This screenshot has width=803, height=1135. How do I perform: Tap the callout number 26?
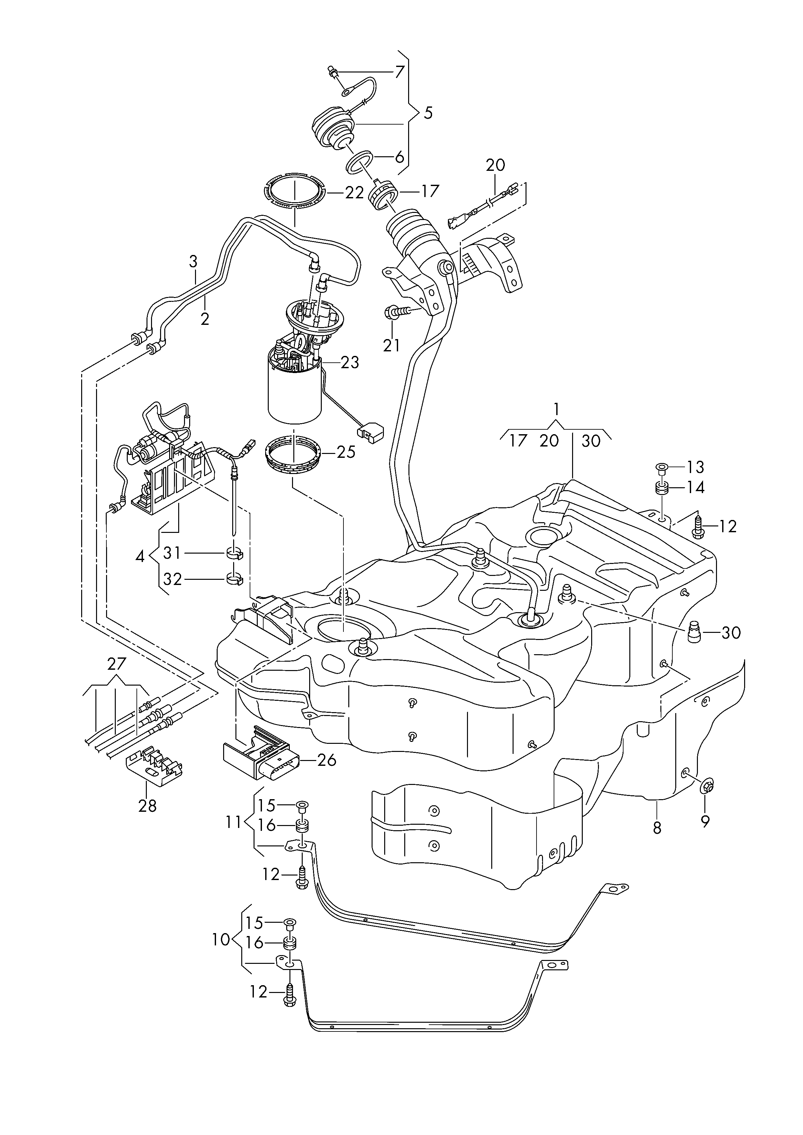coord(327,760)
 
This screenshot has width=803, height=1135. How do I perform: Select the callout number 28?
coord(147,806)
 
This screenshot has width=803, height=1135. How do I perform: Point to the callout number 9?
coord(705,821)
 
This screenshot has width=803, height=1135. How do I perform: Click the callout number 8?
coord(657,827)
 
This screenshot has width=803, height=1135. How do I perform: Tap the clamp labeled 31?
coord(234,553)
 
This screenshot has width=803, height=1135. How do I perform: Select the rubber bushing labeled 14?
coord(662,488)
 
